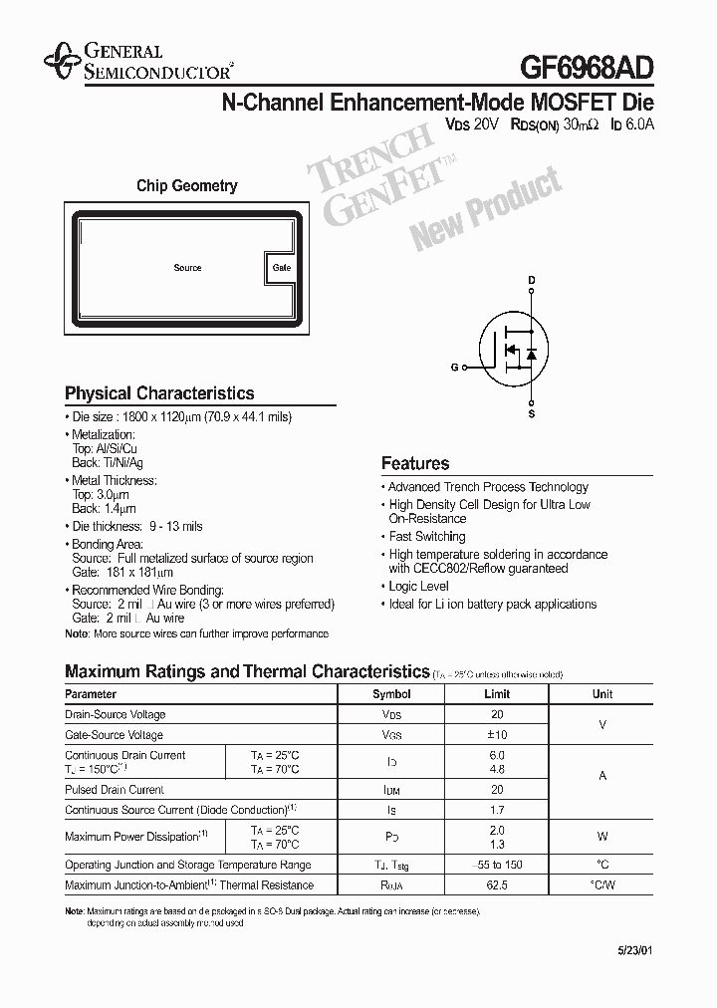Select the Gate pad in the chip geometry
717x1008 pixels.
[281, 268]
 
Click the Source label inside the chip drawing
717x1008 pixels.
[187, 268]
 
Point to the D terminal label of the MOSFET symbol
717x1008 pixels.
[532, 282]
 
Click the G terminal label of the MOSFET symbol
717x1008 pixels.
[454, 368]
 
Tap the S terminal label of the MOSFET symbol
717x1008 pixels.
[532, 413]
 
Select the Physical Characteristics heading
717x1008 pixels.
[159, 393]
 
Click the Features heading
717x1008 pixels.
[415, 463]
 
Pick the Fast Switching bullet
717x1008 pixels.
[426, 537]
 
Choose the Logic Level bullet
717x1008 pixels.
[418, 587]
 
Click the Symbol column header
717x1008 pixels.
[391, 694]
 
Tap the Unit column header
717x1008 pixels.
[602, 694]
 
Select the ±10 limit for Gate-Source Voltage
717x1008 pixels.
[497, 735]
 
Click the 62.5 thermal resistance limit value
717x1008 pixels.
[497, 885]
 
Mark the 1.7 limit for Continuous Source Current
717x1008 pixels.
[497, 811]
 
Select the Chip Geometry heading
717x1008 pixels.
[187, 185]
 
